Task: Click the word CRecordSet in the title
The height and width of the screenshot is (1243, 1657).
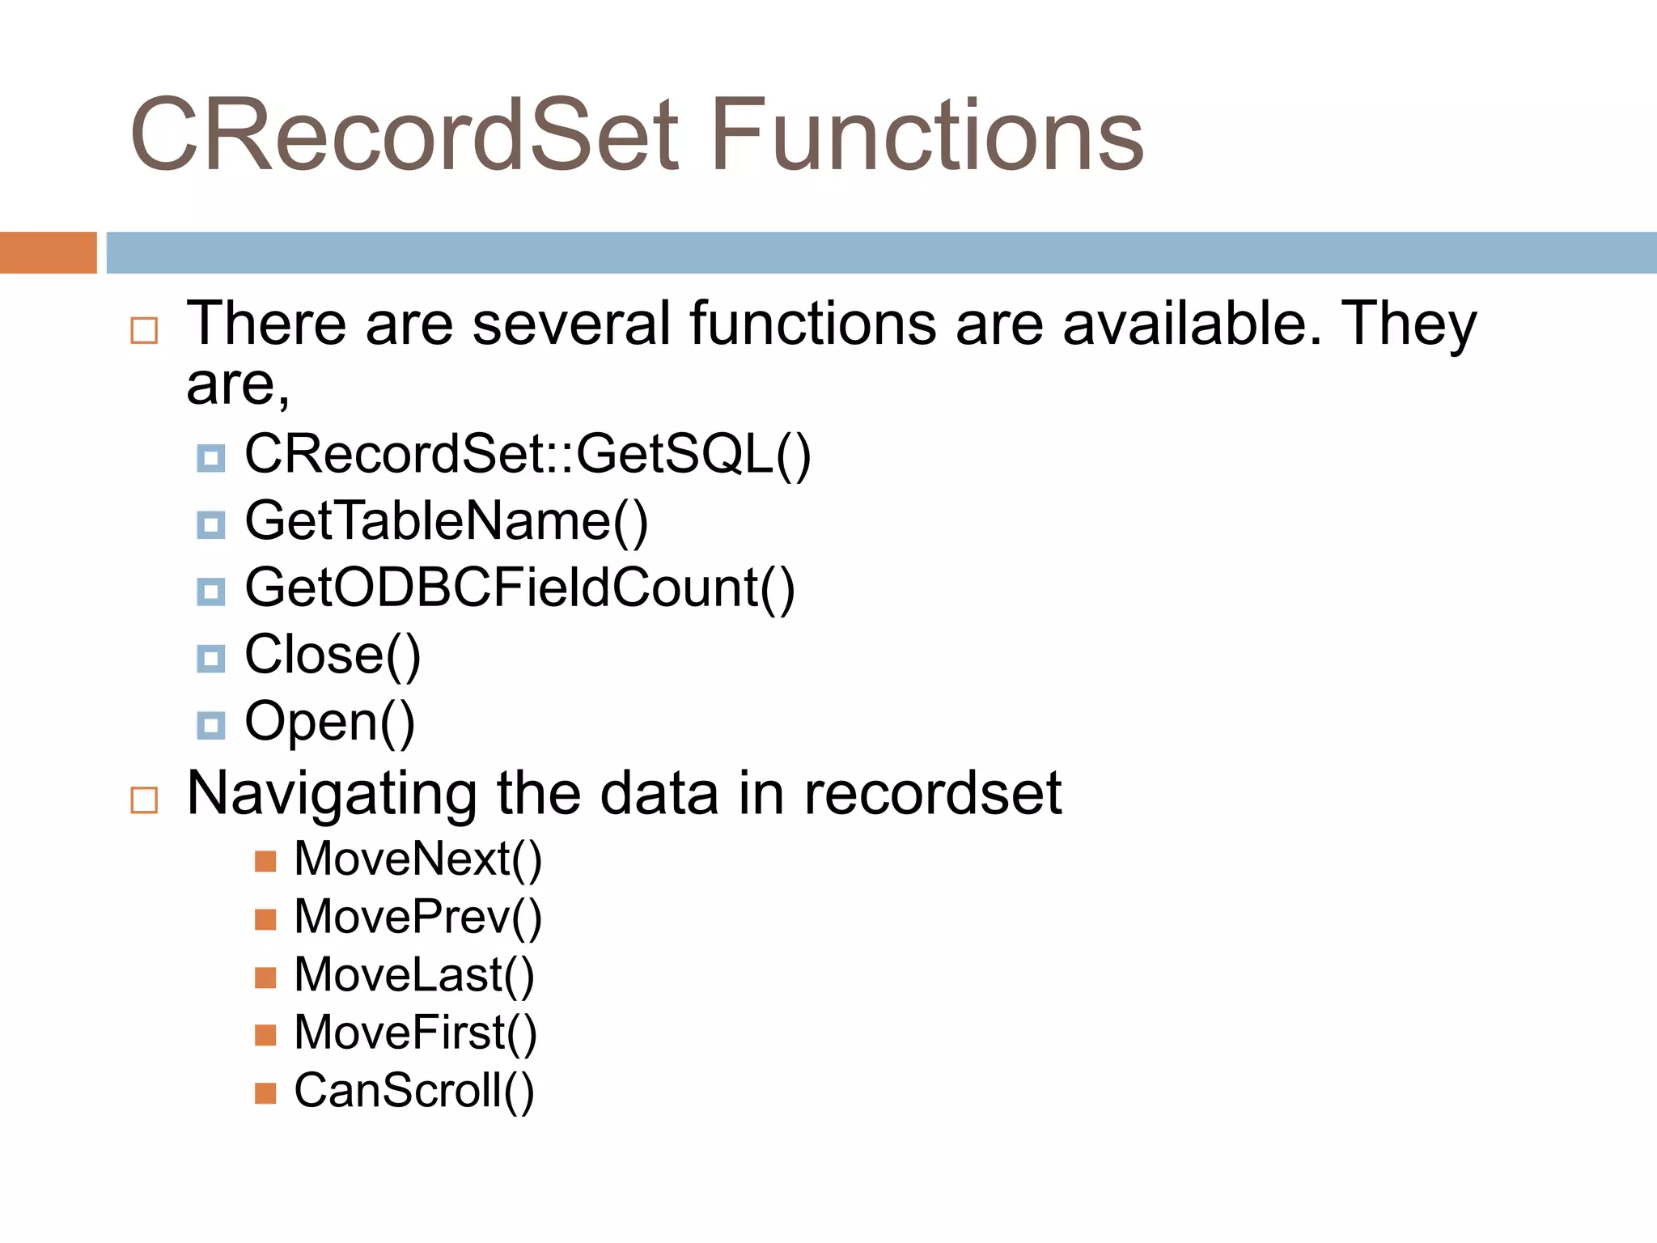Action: (405, 136)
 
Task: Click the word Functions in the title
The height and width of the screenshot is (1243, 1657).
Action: (927, 136)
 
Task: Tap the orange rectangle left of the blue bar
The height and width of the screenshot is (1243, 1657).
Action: (48, 252)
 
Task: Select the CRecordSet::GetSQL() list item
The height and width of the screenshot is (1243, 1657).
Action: (528, 454)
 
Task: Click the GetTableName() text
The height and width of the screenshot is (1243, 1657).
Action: (447, 521)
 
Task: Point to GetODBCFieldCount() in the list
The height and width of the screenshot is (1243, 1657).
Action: (519, 588)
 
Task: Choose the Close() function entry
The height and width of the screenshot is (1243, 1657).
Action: (333, 655)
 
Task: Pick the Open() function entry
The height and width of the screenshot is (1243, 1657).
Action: (329, 722)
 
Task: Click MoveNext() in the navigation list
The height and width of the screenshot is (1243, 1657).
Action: (417, 859)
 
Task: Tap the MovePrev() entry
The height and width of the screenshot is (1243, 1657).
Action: (417, 918)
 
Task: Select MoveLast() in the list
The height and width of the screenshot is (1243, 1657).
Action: (413, 975)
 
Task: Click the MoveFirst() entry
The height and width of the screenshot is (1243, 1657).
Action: (415, 1033)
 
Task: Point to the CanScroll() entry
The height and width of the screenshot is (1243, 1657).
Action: (413, 1091)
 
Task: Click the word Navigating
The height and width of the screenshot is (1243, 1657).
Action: (332, 795)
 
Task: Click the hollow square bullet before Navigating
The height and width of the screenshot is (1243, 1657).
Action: (144, 800)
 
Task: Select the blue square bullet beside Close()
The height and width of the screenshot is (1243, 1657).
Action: (211, 659)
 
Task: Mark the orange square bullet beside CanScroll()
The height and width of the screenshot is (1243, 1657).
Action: (265, 1094)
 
